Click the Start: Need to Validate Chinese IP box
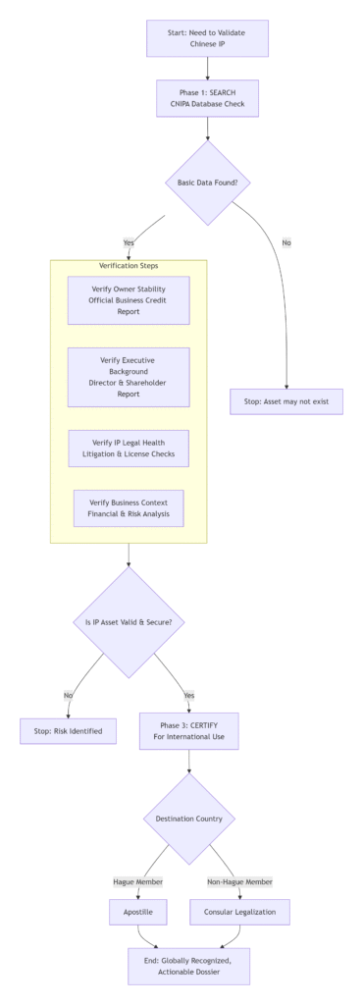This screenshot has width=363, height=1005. click(207, 38)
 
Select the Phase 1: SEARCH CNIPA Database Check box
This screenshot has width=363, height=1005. click(207, 99)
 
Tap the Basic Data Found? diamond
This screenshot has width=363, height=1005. click(207, 183)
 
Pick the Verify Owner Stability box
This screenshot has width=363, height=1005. click(129, 300)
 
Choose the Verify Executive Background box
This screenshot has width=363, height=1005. click(129, 377)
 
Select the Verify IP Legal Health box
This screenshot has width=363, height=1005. click(129, 448)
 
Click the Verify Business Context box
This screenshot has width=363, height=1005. click(129, 508)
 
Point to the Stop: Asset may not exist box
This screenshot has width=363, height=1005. click(286, 401)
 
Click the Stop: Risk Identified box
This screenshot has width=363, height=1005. click(69, 731)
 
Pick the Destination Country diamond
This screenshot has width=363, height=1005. click(188, 818)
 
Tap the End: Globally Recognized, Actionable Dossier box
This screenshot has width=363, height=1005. click(188, 966)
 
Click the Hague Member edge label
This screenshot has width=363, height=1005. click(139, 881)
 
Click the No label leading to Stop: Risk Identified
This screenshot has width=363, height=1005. click(69, 695)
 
